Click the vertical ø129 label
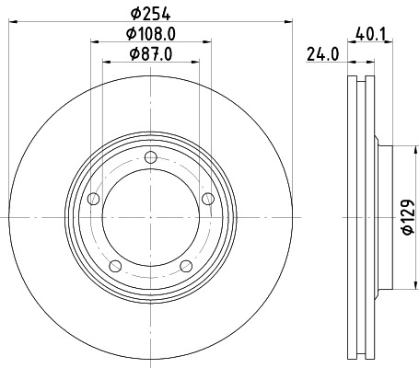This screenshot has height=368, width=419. (x=407, y=219)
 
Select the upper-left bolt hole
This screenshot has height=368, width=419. (x=93, y=200)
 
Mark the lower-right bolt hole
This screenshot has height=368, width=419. (x=185, y=267)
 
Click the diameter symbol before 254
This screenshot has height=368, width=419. (x=134, y=13)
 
